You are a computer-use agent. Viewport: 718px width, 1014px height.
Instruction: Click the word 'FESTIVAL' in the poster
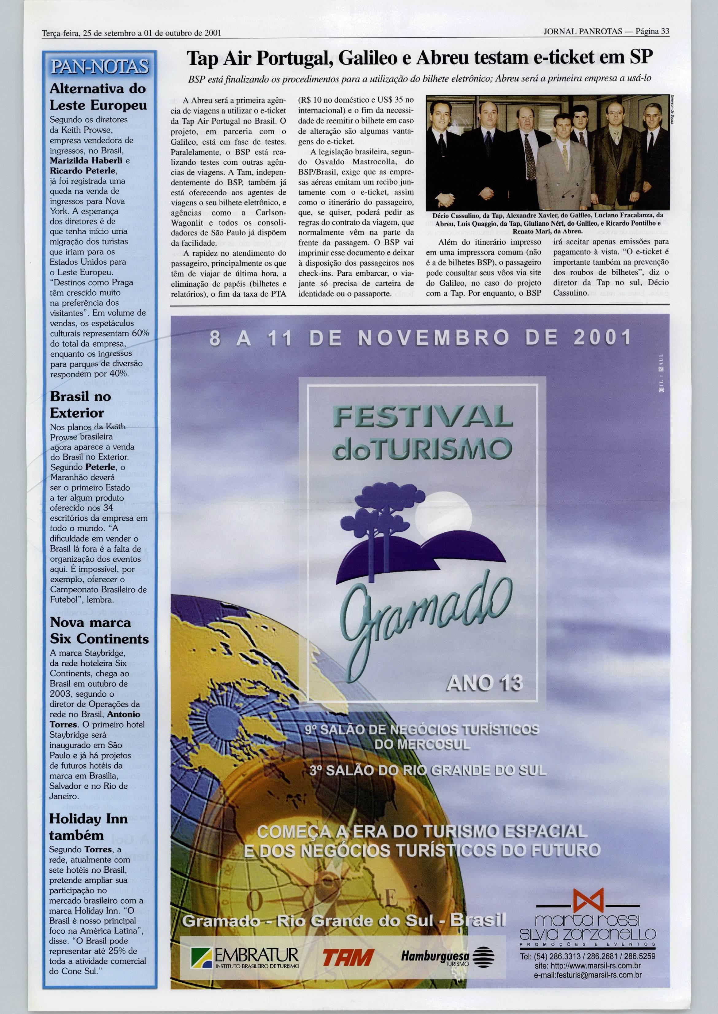[423, 418]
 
